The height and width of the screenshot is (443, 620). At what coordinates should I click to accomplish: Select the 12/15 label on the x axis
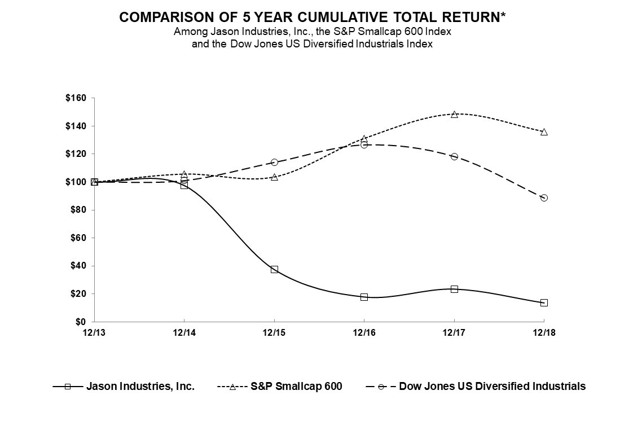point(274,332)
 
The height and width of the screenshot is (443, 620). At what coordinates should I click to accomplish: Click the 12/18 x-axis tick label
point(544,332)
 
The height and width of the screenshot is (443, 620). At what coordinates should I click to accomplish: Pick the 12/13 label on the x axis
point(94,332)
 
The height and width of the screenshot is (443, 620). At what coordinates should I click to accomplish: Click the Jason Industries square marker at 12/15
point(274,269)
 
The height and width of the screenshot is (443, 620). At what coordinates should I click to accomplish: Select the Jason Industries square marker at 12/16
point(364,297)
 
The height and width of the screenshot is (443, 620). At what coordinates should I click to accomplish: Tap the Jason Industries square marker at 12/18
point(544,302)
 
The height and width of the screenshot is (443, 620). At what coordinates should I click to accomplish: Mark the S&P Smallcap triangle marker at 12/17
point(454,114)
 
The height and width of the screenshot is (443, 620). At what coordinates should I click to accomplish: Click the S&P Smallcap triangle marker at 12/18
point(544,131)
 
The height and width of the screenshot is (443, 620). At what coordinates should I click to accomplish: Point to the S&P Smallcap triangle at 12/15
point(274,177)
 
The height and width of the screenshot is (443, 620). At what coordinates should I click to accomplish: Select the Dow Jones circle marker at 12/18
point(544,198)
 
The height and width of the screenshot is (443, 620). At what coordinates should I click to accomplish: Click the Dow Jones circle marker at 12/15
point(274,162)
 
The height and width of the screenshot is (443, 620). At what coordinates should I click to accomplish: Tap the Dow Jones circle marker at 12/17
point(454,156)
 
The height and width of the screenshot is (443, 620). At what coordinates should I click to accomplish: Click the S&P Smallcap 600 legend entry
point(296,387)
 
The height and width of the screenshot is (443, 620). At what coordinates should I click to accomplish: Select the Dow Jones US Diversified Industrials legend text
point(492,387)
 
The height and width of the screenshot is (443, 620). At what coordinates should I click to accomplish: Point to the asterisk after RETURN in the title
point(502,15)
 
